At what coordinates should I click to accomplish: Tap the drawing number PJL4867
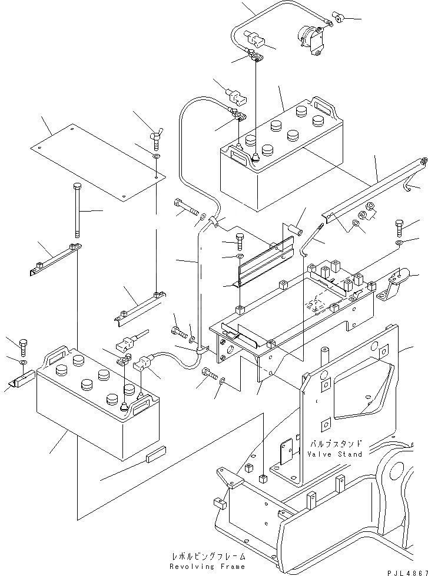pos(406,571)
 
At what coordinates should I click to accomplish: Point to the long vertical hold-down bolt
pos(78,209)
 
